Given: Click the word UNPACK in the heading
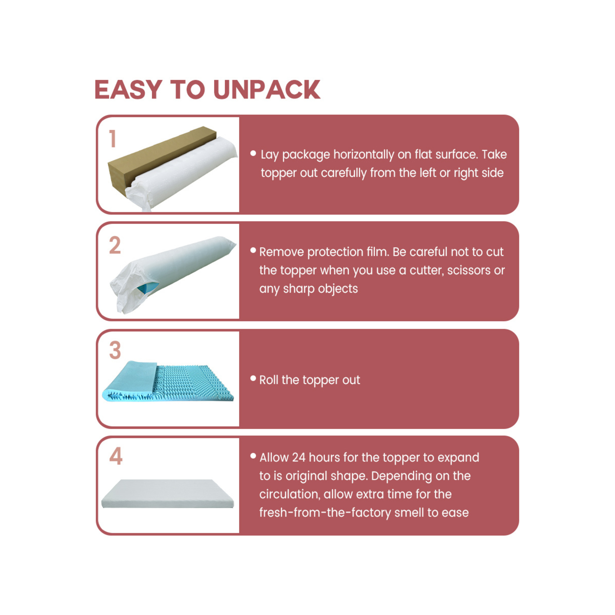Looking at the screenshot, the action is point(267,90).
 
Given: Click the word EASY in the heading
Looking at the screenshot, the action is point(128,90).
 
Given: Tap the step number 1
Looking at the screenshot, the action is point(113,139).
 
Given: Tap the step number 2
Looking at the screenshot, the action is point(115,245).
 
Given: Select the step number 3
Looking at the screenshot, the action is point(115,350).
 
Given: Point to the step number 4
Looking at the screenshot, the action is point(116,456).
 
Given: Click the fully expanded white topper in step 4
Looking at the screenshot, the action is point(168,494).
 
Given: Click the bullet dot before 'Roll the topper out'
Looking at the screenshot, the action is point(253,379).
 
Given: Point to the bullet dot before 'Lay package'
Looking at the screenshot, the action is point(253,153).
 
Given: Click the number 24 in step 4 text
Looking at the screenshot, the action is point(298,457).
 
